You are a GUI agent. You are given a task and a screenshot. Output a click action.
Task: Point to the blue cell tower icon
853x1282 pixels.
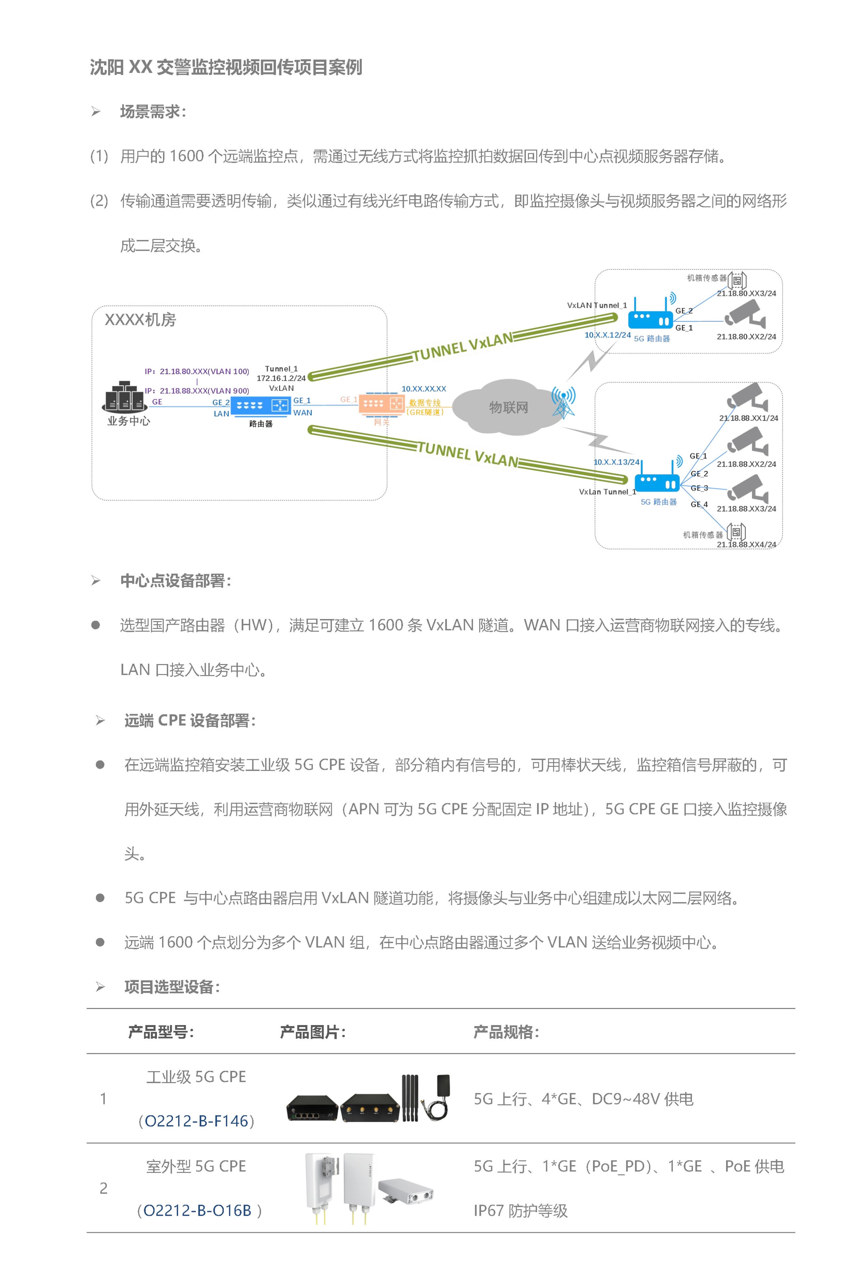click(x=563, y=403)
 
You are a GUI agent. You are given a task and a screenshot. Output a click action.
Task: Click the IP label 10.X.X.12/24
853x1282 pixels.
click(x=607, y=335)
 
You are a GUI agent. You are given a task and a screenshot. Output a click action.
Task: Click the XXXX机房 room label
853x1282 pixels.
click(x=141, y=320)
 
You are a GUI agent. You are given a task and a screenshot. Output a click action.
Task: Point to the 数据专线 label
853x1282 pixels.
click(x=425, y=403)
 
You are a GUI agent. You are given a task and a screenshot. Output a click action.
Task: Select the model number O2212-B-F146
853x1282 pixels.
click(x=196, y=1121)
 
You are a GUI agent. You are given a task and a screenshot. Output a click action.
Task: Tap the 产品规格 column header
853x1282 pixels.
click(x=506, y=1032)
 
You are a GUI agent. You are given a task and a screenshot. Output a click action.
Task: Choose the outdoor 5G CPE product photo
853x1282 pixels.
click(x=368, y=1189)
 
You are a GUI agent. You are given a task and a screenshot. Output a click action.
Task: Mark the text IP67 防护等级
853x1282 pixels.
click(x=520, y=1211)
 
